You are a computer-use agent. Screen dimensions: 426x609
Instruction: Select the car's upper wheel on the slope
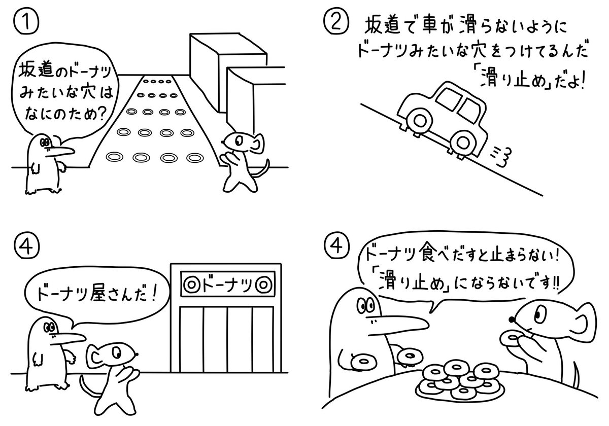click(x=420, y=120)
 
